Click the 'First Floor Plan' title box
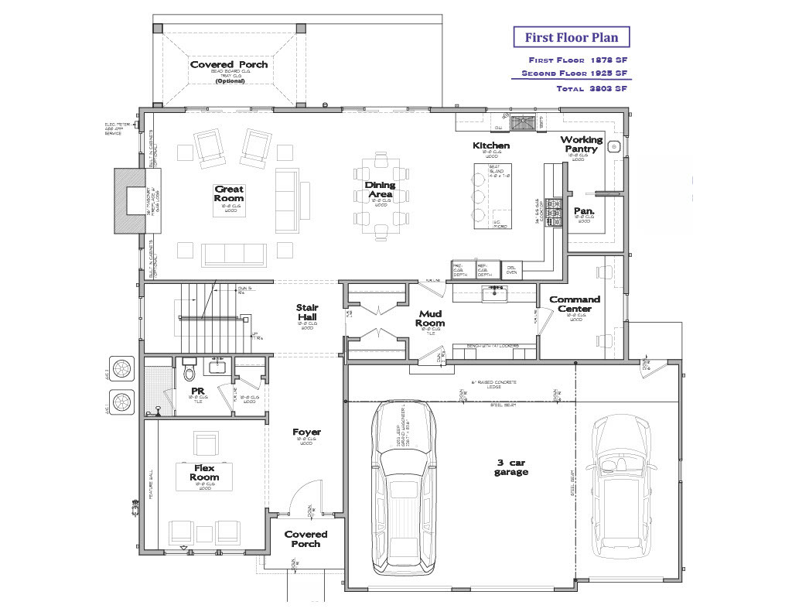point(571,37)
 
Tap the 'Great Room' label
point(229,193)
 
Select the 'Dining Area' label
point(380,190)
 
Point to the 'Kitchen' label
point(491,145)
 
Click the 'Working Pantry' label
point(581,144)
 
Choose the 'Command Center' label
point(575,304)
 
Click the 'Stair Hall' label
point(308,313)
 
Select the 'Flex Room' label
point(204,473)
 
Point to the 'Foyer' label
point(306,433)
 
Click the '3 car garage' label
point(511,467)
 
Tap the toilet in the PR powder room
point(187,374)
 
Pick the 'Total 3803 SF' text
point(591,89)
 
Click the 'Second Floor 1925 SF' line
point(574,74)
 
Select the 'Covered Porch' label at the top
point(229,64)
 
